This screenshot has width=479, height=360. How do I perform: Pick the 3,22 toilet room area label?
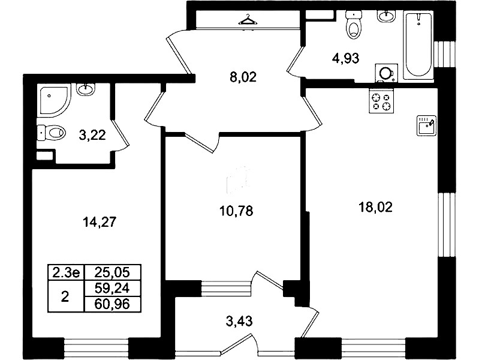(x=92, y=135)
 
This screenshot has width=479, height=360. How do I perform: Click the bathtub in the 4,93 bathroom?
(x=418, y=46)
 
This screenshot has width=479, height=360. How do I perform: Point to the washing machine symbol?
(x=384, y=73)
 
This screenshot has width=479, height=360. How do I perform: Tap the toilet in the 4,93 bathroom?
(x=353, y=25)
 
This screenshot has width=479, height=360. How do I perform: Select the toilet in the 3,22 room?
(x=51, y=132)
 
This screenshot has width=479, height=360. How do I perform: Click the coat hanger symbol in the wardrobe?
(x=247, y=20)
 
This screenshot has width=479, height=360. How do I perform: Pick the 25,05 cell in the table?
(x=113, y=273)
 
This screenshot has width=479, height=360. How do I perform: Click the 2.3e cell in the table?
(x=66, y=273)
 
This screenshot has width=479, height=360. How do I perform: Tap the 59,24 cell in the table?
(x=113, y=289)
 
